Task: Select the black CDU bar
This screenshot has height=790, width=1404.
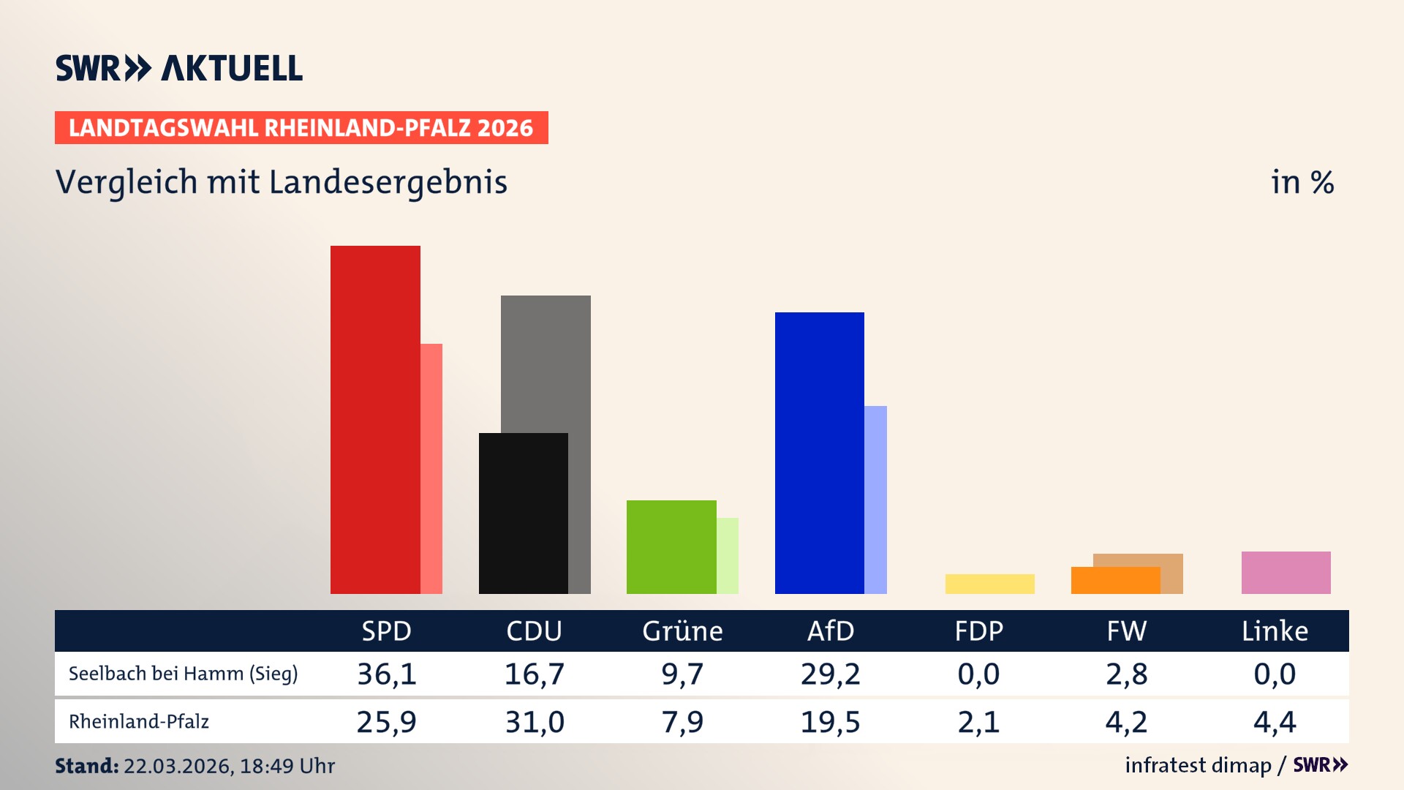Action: point(523,513)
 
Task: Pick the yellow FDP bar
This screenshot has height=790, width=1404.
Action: point(989,584)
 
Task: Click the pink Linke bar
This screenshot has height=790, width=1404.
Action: point(1286,572)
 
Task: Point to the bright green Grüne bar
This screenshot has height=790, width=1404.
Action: point(671,546)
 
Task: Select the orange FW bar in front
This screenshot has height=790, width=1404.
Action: point(1115,581)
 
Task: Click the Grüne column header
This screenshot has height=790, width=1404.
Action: point(682,631)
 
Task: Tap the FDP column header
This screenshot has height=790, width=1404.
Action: point(978,631)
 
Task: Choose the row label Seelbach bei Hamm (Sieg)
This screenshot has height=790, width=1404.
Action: point(183,674)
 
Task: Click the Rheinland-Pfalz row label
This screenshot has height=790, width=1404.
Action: point(139,722)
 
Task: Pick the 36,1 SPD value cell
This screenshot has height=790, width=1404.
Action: point(387,674)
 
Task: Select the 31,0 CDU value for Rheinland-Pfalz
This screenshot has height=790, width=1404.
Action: point(535,722)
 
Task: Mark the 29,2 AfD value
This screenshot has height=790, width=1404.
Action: point(830,674)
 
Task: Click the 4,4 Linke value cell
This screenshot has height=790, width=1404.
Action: point(1275,722)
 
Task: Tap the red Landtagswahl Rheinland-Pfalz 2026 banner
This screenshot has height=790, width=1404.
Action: point(301,128)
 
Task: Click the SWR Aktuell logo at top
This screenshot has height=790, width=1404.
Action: point(179,68)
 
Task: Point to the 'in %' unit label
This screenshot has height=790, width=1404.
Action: point(1302,182)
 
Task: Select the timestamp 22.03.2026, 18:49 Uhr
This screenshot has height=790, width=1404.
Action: point(229,766)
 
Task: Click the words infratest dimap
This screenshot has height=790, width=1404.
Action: point(1198,765)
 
